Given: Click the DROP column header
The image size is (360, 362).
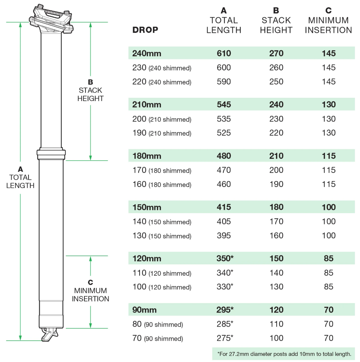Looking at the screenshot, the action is pyautogui.click(x=145, y=30).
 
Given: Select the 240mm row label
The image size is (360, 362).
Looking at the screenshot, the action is pyautogui.click(x=146, y=53).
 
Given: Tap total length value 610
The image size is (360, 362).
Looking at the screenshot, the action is pyautogui.click(x=224, y=53).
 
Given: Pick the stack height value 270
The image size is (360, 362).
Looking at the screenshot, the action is pyautogui.click(x=276, y=53).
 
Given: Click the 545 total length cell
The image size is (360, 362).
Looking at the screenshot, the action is pyautogui.click(x=224, y=105).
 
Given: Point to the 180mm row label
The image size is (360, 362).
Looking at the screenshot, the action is pyautogui.click(x=146, y=156).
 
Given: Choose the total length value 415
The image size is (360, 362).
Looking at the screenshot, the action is pyautogui.click(x=224, y=207).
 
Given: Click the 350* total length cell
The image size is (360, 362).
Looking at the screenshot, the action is pyautogui.click(x=225, y=258).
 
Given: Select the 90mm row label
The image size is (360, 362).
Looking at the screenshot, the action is pyautogui.click(x=144, y=310).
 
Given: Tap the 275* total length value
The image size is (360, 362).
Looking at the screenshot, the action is pyautogui.click(x=225, y=338).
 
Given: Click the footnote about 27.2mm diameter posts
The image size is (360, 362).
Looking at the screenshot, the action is pyautogui.click(x=284, y=354).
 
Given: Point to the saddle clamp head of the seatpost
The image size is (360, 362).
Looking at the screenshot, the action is pyautogui.click(x=51, y=19).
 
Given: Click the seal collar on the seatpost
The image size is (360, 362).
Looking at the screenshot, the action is pyautogui.click(x=51, y=154).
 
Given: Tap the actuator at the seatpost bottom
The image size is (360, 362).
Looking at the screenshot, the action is pyautogui.click(x=49, y=335).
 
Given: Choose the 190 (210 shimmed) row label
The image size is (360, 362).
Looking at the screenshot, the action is pyautogui.click(x=162, y=133).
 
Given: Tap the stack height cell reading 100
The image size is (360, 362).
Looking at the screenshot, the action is pyautogui.click(x=276, y=338).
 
